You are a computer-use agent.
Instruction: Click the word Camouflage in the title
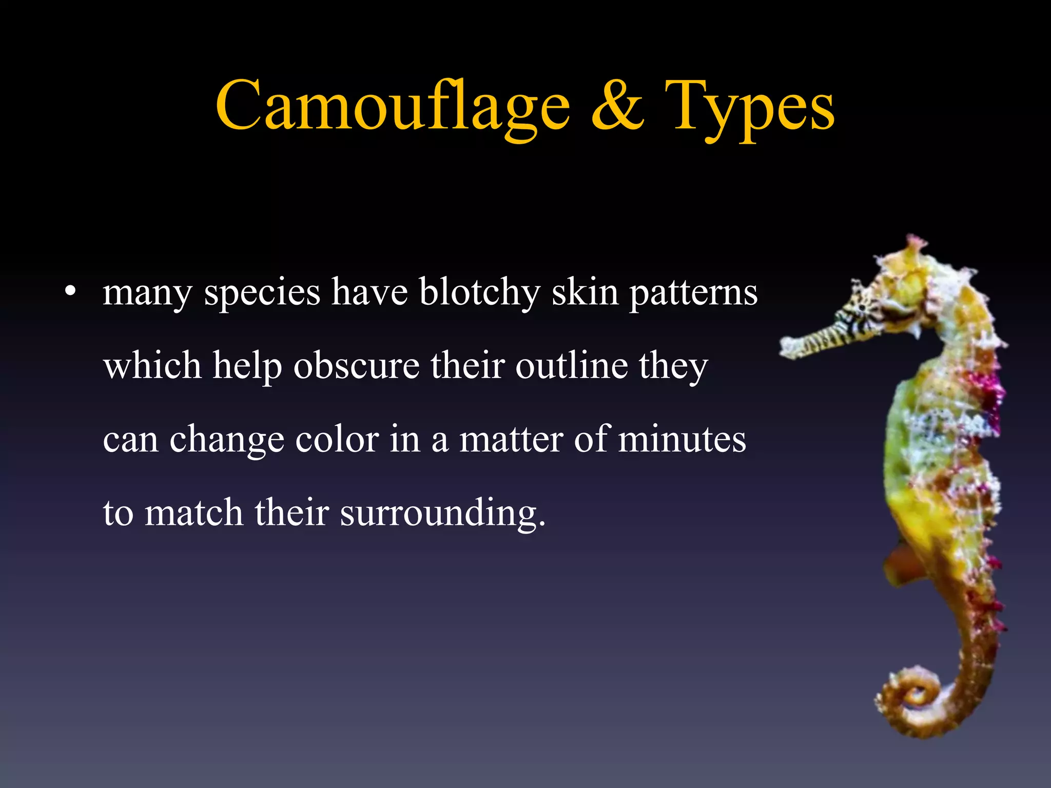coord(393,107)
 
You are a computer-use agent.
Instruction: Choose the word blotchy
coord(480,292)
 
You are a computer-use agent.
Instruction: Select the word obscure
coord(357,366)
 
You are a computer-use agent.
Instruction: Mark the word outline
coord(572,366)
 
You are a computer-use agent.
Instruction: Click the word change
coord(227,440)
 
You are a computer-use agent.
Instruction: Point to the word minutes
coord(682,439)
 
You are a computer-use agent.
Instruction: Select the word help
coord(247,367)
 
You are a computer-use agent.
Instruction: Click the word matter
coord(511,439)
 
